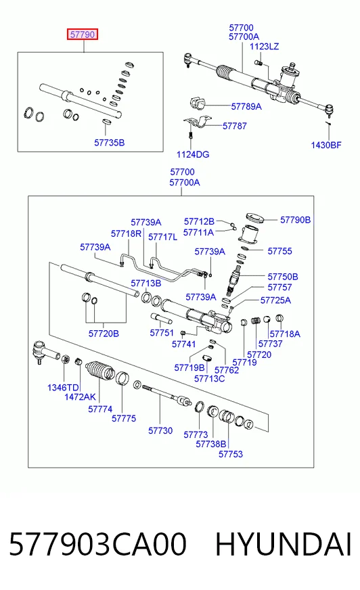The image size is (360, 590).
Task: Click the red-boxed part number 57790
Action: pos(83,35)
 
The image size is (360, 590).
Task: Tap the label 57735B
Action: pos(109,143)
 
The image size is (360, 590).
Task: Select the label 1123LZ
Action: pos(264,46)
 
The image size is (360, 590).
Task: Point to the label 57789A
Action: pos(246,106)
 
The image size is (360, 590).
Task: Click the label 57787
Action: pos(234,126)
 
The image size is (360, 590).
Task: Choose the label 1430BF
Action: pos(326,145)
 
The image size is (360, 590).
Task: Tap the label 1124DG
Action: pos(193,154)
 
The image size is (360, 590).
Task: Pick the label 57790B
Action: pos(295,220)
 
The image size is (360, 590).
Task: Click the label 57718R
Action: pos(126,233)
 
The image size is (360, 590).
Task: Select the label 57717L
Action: pos(162,237)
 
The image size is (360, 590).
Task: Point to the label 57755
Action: pos(279,251)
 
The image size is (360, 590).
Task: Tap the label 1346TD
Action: pos(63,388)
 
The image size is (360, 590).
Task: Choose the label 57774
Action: pos(100,409)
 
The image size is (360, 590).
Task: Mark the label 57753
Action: pos(231,454)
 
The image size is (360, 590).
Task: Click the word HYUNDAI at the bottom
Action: pos(284,544)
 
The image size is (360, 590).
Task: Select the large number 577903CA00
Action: pos(98,544)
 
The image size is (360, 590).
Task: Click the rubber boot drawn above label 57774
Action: pos(100,371)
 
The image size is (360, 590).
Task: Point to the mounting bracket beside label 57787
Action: pos(198,123)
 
